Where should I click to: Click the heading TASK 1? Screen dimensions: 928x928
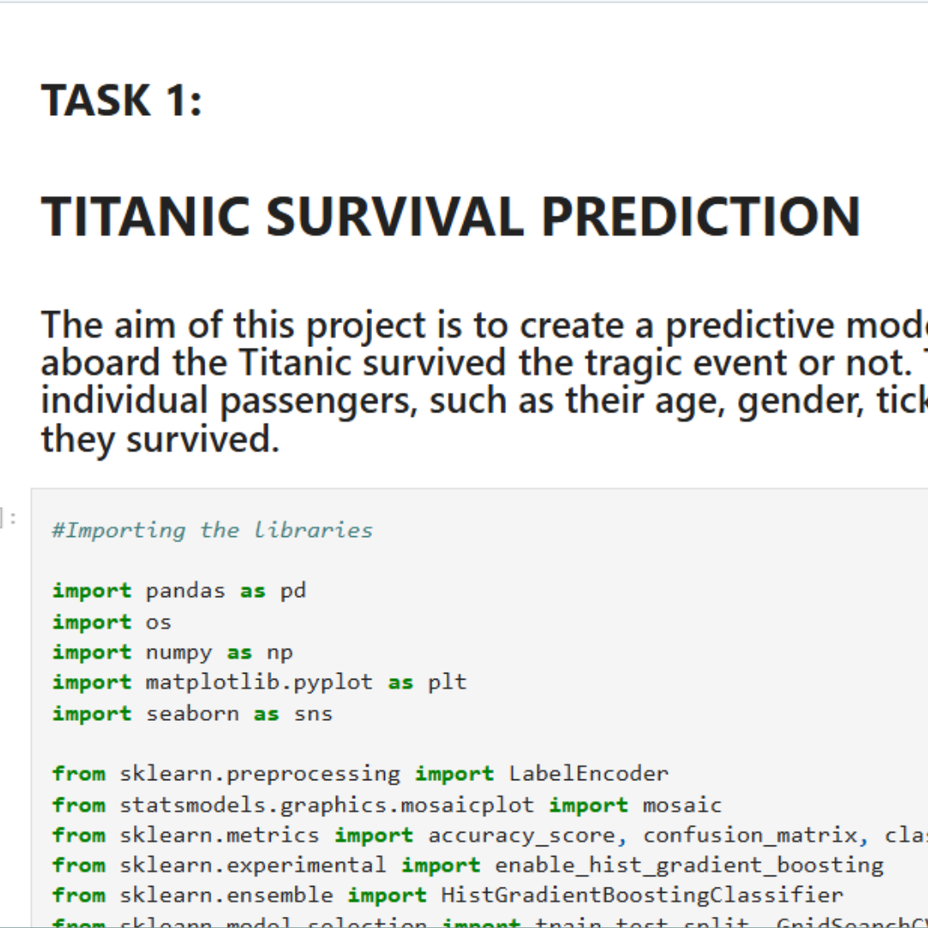(121, 100)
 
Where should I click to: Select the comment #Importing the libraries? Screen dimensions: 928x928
(212, 530)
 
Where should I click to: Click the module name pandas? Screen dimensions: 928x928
(186, 591)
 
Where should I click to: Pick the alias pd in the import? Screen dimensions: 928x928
(293, 591)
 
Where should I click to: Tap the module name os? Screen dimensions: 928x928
(159, 622)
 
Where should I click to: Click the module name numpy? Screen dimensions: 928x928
(179, 652)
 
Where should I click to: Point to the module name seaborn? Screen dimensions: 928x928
(192, 714)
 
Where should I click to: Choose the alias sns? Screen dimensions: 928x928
(313, 714)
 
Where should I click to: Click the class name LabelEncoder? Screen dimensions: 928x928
(588, 774)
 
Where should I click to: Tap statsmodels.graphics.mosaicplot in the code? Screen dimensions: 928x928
(327, 805)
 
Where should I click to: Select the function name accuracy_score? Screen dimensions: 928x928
(522, 835)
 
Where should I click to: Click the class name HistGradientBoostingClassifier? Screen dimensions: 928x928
(642, 895)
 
